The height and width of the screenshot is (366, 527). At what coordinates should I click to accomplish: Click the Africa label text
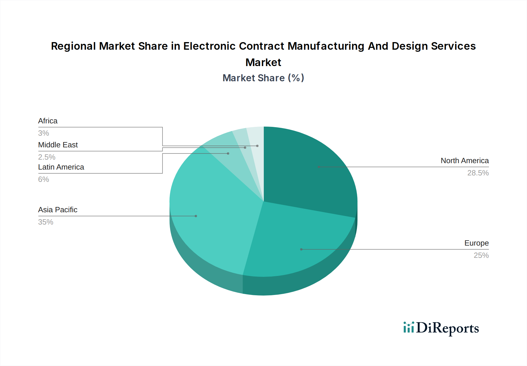click(x=48, y=121)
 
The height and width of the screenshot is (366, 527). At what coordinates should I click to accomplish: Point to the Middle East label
click(x=58, y=145)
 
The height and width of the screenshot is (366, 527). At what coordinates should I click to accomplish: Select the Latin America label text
click(x=61, y=167)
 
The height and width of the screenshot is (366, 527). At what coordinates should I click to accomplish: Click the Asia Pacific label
click(x=58, y=210)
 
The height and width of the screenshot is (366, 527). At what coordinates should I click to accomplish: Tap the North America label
click(x=464, y=161)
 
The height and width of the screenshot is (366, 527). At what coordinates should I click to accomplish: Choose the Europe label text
click(x=476, y=243)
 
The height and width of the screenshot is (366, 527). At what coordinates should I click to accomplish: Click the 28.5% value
click(x=478, y=173)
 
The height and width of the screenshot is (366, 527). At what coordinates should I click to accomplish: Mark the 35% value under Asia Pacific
click(x=46, y=222)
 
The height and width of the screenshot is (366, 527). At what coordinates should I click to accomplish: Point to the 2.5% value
click(x=47, y=157)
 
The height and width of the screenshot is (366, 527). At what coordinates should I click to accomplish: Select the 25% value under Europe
click(x=481, y=255)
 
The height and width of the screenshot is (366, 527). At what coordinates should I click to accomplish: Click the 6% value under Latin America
click(x=43, y=179)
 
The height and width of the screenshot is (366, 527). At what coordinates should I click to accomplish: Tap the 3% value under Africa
click(x=43, y=133)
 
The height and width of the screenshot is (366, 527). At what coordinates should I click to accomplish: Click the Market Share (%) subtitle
click(x=263, y=78)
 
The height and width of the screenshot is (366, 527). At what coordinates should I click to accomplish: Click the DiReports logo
click(x=441, y=328)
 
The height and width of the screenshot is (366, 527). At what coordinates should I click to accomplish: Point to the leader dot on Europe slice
click(x=301, y=249)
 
